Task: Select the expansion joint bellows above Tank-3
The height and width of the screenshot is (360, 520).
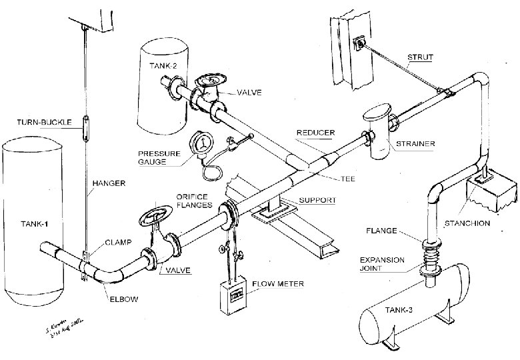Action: pos(429,257)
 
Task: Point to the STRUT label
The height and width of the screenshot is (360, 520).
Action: pos(419,59)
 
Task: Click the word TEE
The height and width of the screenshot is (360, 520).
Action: pos(347,179)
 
